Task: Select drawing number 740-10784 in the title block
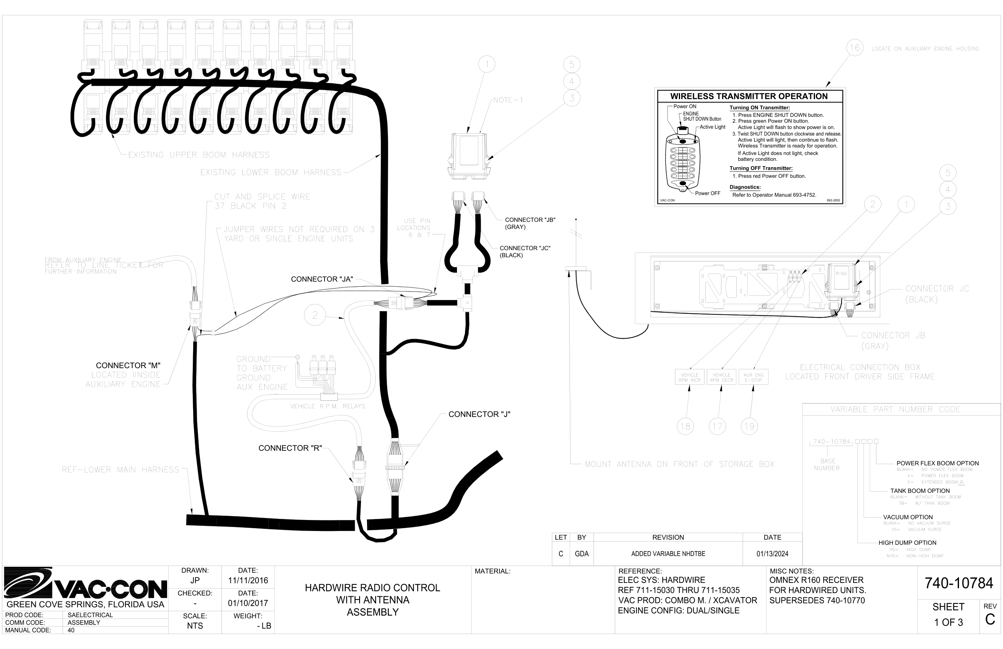click(x=959, y=583)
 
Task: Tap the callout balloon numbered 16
click(x=854, y=48)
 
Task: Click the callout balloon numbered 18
click(x=685, y=426)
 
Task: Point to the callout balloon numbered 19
click(x=749, y=426)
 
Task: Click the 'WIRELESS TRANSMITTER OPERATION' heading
click(x=749, y=96)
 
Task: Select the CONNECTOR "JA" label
click(x=322, y=279)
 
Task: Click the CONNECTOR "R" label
click(x=290, y=448)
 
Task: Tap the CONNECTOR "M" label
click(x=128, y=365)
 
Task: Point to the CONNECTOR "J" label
click(x=479, y=414)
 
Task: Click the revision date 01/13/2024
click(x=772, y=554)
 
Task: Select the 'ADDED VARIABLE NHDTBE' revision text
click(x=668, y=554)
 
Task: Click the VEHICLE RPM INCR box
click(x=690, y=377)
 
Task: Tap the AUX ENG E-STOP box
click(x=754, y=377)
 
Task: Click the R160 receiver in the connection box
click(x=841, y=277)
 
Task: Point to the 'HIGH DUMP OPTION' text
click(x=907, y=543)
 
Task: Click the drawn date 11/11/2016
click(x=248, y=581)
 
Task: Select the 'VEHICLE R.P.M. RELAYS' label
click(x=327, y=406)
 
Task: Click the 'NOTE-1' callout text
click(x=508, y=100)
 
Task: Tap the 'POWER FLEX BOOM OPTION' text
click(x=937, y=463)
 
